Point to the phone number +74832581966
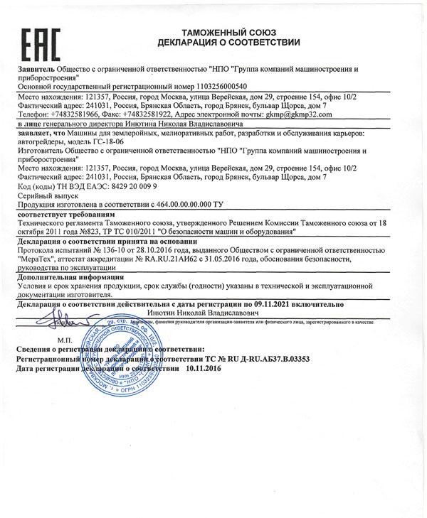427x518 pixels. (x=78, y=114)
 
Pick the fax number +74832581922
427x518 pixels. (x=156, y=114)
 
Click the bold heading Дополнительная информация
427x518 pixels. (x=71, y=278)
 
